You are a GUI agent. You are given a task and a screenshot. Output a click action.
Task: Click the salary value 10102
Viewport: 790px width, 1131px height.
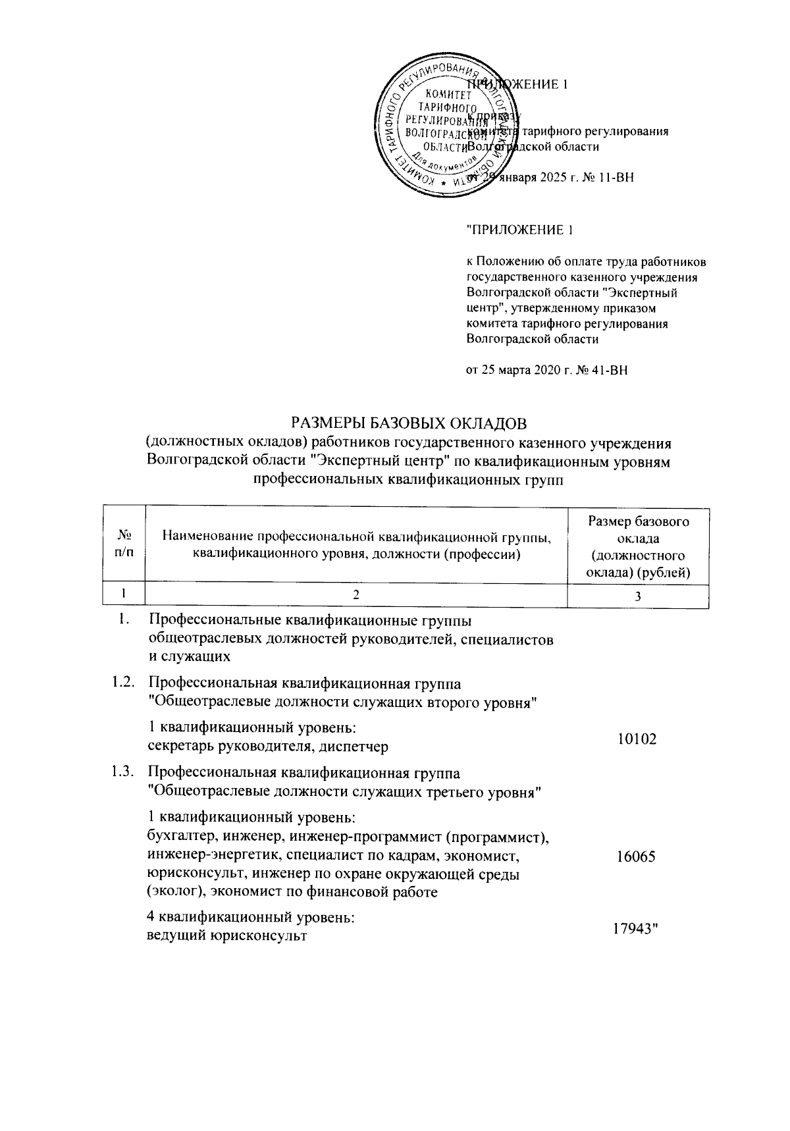[637, 739]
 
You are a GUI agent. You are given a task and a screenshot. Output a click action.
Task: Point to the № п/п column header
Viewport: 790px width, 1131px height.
[124, 544]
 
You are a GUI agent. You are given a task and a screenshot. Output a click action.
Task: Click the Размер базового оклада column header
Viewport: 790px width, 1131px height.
[638, 547]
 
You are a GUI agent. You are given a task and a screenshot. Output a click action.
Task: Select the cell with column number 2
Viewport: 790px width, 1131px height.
[356, 595]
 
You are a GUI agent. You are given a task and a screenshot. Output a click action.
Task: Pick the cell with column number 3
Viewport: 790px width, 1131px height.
[638, 596]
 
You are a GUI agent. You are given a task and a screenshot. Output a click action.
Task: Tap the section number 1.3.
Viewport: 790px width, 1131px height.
[123, 772]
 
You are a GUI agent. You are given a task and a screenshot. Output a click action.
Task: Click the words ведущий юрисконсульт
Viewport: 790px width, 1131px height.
[226, 935]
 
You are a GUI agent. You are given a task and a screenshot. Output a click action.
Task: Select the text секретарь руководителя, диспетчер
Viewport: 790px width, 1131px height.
[268, 747]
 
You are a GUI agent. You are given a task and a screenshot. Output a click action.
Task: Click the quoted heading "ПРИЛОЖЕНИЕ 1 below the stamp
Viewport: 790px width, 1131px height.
[515, 230]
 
